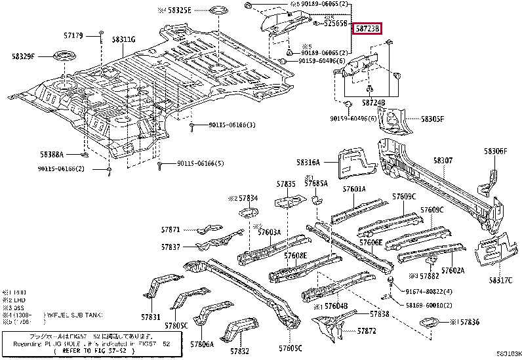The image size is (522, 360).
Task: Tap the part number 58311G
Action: click(x=123, y=40)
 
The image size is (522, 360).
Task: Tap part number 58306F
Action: click(x=496, y=151)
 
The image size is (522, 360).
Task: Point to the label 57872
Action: click(x=367, y=331)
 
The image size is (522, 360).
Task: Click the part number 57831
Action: click(x=150, y=317)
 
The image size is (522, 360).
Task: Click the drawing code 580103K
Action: click(x=508, y=355)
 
